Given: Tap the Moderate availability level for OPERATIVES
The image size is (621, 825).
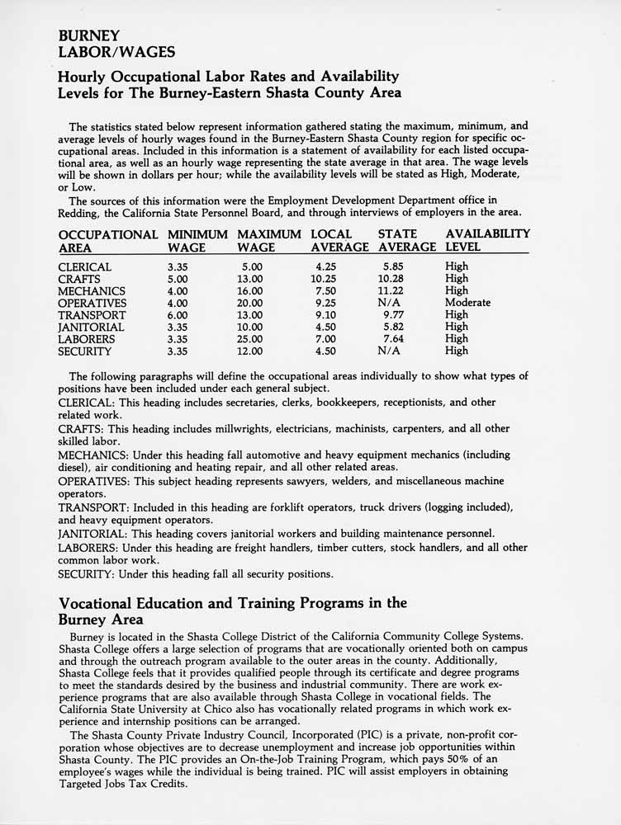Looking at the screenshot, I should pyautogui.click(x=467, y=303).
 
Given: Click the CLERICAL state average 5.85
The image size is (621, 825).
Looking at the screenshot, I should pyautogui.click(x=398, y=267).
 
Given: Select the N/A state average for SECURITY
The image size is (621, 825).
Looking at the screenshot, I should pyautogui.click(x=390, y=351).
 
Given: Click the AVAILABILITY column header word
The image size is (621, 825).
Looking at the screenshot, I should pyautogui.click(x=487, y=234).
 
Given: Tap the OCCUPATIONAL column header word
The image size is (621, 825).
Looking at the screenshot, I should pyautogui.click(x=108, y=234).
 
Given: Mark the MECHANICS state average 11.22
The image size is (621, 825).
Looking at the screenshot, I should pyautogui.click(x=395, y=291).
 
